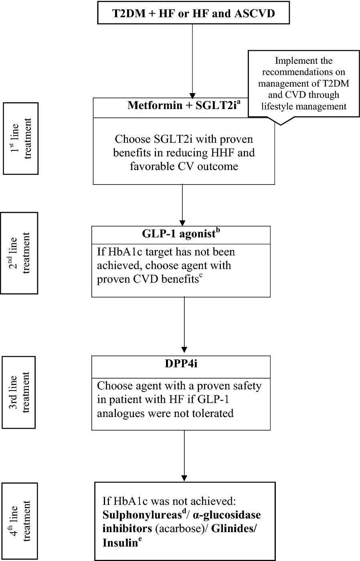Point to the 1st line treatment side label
click(21, 138)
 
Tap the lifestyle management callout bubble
click(303, 84)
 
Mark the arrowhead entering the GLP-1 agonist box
click(182, 223)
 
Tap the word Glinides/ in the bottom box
click(234, 529)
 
